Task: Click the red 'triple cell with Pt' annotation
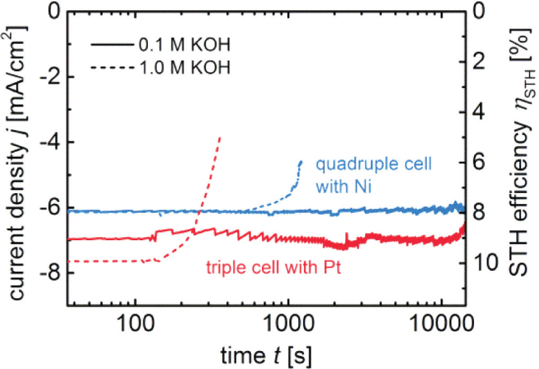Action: pos(272,267)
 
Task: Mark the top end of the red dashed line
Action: pos(220,136)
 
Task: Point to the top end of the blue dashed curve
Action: pos(301,162)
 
